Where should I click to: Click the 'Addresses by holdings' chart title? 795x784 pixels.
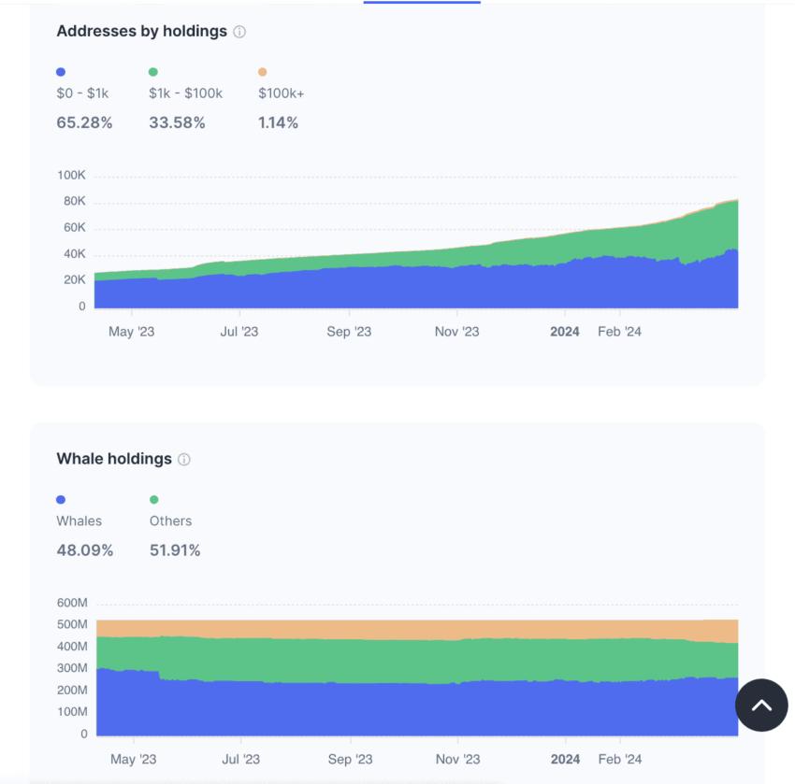coord(141,31)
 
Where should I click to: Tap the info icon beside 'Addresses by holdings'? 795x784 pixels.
coord(239,32)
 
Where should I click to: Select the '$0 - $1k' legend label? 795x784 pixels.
coord(83,93)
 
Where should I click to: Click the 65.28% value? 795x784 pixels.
coord(84,122)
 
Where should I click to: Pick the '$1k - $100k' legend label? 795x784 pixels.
coord(185,93)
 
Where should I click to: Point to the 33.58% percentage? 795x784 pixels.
coord(177,122)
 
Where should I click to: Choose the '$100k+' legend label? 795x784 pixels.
coord(281,93)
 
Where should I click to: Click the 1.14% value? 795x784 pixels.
coord(278,122)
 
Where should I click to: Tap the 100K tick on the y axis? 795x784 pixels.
coord(71,176)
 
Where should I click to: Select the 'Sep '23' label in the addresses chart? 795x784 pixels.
coord(349,332)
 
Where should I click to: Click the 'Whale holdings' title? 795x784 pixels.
coord(114,459)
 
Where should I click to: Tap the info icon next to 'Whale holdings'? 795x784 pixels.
coord(184,460)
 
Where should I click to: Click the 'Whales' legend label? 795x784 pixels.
coord(79,521)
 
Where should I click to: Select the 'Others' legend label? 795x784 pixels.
coord(170,521)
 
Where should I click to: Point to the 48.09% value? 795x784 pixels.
coord(85,550)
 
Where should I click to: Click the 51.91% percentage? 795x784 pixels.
coord(175,550)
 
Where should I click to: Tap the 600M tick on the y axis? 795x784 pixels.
coord(72,603)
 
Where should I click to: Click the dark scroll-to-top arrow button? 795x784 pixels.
coord(761,706)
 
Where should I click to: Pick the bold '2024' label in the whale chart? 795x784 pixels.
coord(565,760)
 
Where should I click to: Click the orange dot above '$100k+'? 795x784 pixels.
coord(262,72)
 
